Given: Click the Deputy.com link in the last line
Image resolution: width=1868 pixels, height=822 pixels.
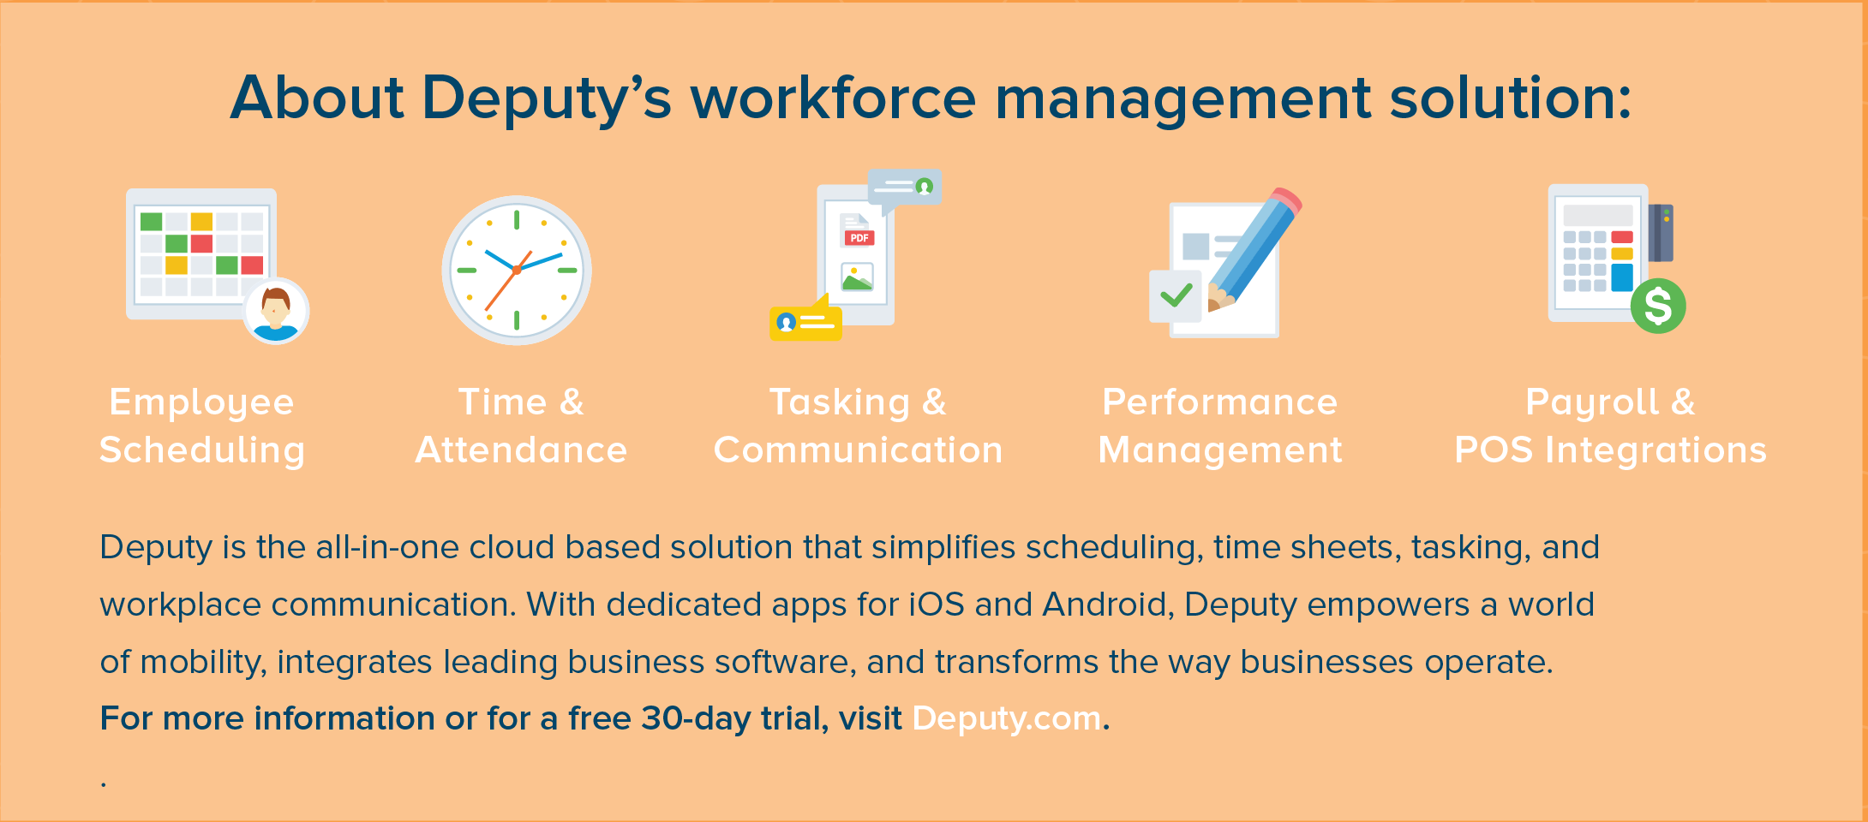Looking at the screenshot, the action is coord(1007,719).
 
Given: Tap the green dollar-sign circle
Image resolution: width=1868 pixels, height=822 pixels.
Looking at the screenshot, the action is coord(1658,306).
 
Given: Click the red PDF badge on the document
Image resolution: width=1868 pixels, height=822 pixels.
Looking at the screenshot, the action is coord(859,238).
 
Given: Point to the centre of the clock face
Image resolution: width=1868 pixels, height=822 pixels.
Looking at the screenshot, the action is coord(517,270).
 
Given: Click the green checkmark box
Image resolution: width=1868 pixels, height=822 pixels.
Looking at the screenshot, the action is coord(1176,296).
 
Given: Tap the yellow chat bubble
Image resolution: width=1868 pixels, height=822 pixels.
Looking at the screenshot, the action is coord(805,319).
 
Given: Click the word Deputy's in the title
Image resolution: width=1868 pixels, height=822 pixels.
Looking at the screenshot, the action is coord(546,98).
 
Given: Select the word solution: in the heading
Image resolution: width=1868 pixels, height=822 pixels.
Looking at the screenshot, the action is coord(1510,97).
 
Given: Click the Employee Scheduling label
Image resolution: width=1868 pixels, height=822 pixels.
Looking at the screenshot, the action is coord(202,426).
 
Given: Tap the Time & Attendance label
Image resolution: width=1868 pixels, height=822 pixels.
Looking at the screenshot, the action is coord(521,426).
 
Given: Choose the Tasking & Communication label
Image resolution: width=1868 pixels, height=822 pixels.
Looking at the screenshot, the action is coord(858,426).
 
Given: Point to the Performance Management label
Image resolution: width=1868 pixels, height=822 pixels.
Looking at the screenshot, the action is coord(1220,426).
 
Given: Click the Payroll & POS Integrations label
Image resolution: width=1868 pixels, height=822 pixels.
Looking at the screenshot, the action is coord(1611,426).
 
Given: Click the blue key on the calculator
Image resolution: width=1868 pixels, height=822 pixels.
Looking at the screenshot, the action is coord(1622,277).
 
